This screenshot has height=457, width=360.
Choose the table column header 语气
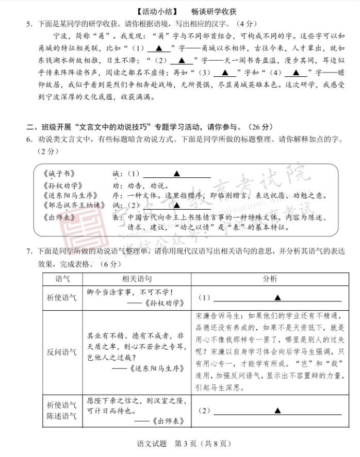[x=62, y=279]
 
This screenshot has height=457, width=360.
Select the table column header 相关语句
[x=137, y=279]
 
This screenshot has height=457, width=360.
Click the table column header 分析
[x=270, y=279]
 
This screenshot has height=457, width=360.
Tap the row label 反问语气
[x=62, y=352]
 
